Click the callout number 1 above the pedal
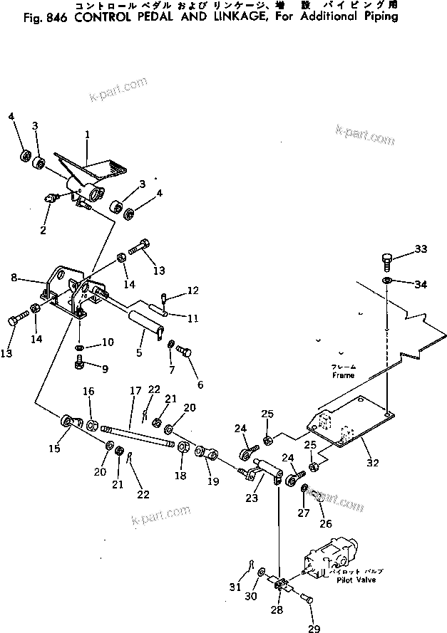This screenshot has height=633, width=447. click(87, 134)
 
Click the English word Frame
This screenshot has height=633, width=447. click(342, 375)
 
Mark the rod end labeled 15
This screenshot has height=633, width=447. click(69, 421)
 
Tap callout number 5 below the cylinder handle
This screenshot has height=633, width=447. click(140, 351)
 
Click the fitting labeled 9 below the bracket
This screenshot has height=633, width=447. click(80, 364)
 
